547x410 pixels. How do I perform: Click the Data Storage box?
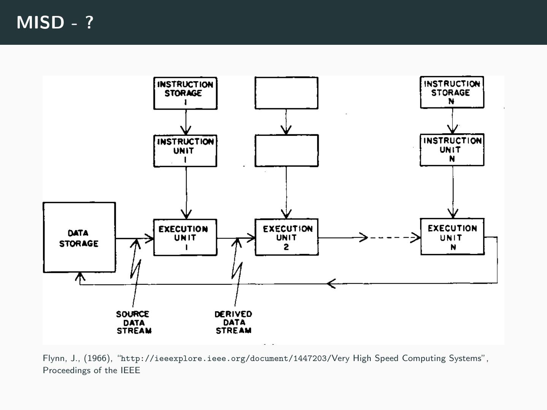coord(79,237)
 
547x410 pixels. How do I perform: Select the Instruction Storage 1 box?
coord(185,93)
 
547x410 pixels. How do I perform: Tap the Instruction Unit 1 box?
coord(185,151)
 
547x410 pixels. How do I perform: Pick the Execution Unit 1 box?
coord(185,237)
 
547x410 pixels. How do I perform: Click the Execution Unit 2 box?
coord(287,237)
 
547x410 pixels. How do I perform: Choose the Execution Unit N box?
coord(452,237)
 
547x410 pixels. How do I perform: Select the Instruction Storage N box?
coord(452,92)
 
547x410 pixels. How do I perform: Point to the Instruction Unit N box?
coord(452,150)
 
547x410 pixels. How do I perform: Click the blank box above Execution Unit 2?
coord(287,150)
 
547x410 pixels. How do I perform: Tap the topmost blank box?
coord(286,93)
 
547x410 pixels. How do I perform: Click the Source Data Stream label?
coord(133,322)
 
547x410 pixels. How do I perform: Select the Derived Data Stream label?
coord(233,322)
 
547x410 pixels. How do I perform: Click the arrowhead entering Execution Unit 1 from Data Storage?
coord(150,238)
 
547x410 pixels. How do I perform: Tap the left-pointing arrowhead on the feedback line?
coord(331,284)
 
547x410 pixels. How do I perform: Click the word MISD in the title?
coord(40,22)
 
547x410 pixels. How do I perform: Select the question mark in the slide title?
coord(89,22)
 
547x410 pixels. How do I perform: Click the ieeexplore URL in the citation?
coord(224,358)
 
